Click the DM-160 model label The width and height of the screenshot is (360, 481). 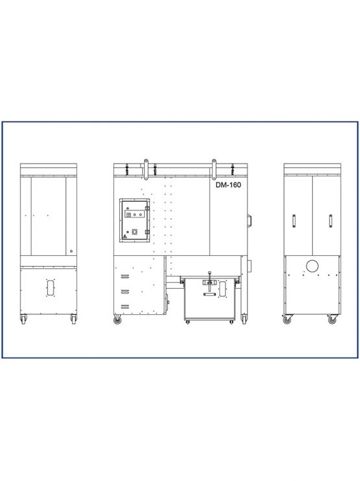point(228,184)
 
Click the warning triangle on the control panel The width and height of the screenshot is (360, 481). point(125,236)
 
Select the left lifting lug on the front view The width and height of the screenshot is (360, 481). point(146,169)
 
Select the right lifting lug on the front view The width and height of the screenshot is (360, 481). point(214,169)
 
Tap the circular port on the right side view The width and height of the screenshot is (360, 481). point(312,265)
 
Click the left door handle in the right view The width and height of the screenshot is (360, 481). point(294,221)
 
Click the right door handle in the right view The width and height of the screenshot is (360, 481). point(331,221)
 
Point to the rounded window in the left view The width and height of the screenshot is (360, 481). point(51,288)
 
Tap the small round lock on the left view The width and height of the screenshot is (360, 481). point(71,251)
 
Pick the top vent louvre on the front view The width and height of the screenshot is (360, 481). point(125,277)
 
